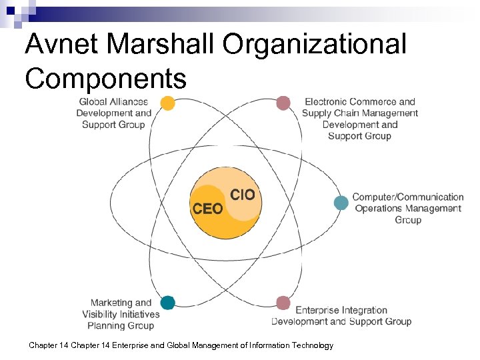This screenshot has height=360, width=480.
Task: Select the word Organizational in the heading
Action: pyautogui.click(x=315, y=45)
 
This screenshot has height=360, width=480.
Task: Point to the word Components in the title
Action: pyautogui.click(x=105, y=78)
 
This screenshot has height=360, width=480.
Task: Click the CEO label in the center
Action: pyautogui.click(x=207, y=209)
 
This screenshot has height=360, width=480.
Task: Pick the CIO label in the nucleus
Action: pyautogui.click(x=243, y=194)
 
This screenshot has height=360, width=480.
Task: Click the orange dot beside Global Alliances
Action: pyautogui.click(x=168, y=103)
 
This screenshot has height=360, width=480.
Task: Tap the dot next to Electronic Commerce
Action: pyautogui.click(x=283, y=103)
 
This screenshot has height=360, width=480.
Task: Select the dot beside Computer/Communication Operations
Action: pyautogui.click(x=341, y=203)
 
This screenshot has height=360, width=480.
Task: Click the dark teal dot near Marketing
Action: pyautogui.click(x=167, y=303)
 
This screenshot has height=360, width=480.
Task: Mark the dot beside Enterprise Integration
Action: pyautogui.click(x=283, y=303)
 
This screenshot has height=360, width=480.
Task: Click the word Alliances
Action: pyautogui.click(x=131, y=102)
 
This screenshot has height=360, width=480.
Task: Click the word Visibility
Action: pyautogui.click(x=100, y=314)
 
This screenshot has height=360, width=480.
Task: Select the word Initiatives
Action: pyautogui.click(x=140, y=314)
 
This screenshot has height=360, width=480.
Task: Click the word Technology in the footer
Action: pyautogui.click(x=310, y=345)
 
